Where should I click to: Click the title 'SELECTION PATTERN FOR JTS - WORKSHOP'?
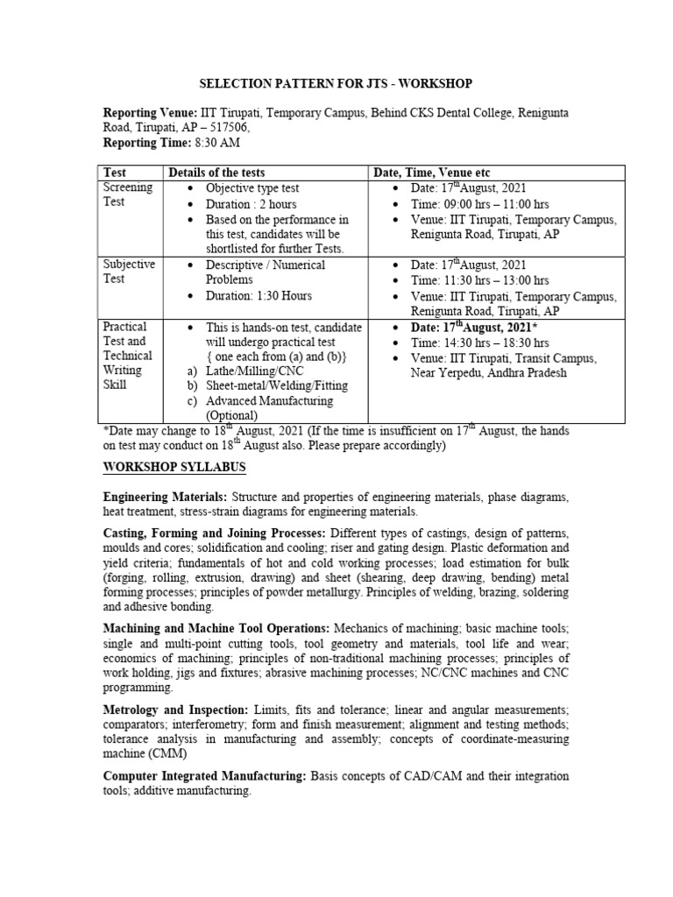(x=336, y=83)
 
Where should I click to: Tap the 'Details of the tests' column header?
(x=216, y=173)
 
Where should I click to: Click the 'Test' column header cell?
(x=116, y=173)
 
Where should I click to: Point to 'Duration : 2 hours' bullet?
(x=252, y=203)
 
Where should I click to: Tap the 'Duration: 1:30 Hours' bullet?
(x=259, y=295)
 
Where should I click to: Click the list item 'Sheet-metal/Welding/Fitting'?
(x=277, y=385)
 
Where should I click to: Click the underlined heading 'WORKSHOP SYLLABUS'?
(x=174, y=466)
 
